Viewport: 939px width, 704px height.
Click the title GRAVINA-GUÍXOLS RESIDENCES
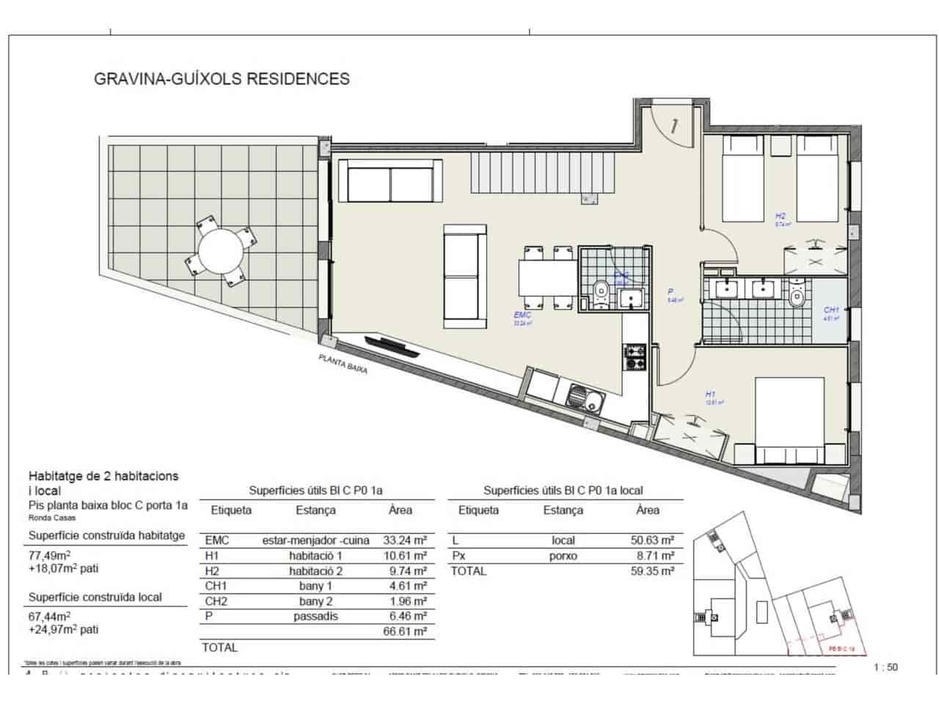(222, 78)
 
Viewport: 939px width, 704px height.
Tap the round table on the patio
(222, 249)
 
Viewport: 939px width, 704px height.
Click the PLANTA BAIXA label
(343, 364)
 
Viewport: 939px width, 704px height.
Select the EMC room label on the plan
(522, 315)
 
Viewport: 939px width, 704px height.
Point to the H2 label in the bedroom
(781, 216)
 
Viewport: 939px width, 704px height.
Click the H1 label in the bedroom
(710, 395)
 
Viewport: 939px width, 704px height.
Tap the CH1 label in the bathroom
(831, 310)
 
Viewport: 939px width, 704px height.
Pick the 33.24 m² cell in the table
(405, 540)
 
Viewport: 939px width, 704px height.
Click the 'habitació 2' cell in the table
(315, 571)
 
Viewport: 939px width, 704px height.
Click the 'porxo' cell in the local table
(563, 556)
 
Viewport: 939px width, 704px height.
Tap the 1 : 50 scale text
(886, 667)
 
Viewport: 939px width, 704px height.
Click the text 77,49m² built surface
(49, 554)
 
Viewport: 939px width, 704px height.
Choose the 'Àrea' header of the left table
(401, 510)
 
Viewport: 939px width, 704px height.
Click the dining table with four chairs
(548, 278)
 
